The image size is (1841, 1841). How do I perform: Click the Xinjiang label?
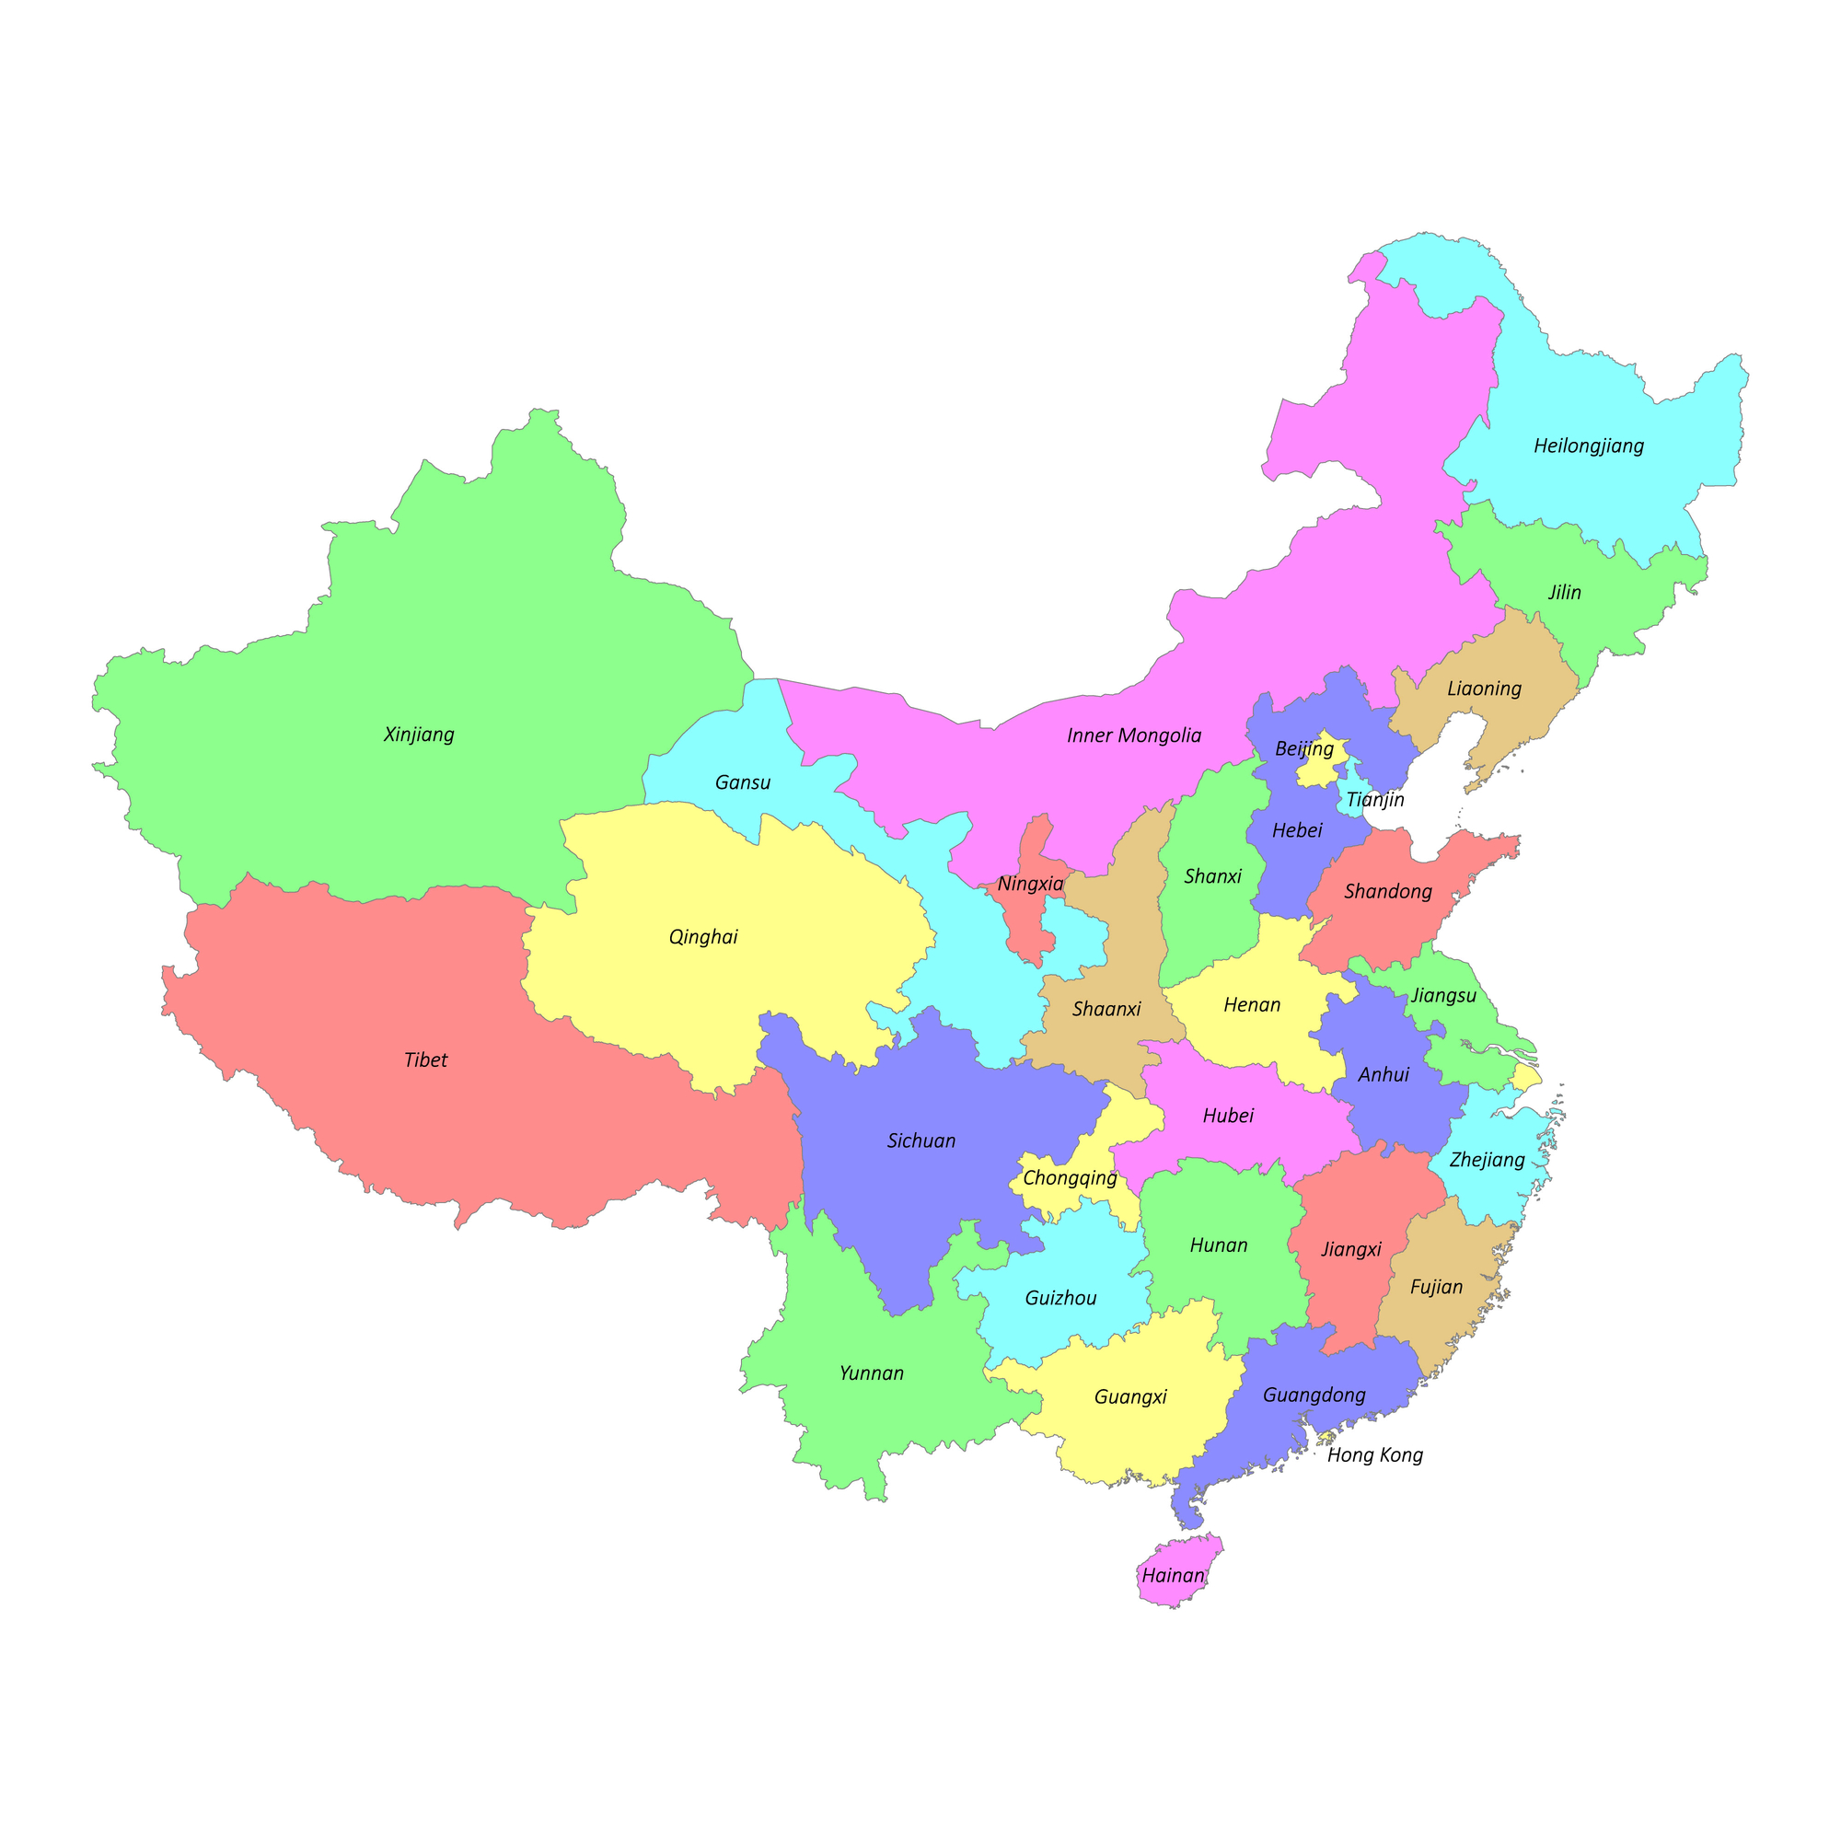[418, 735]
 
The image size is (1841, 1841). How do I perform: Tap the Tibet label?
[425, 1060]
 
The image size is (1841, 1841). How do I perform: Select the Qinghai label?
[703, 937]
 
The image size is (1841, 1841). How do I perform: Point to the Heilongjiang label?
[1589, 446]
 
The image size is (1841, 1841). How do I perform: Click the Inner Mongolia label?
[1134, 735]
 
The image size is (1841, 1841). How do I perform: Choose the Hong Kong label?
[1374, 1455]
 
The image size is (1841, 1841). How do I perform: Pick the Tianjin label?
[1374, 800]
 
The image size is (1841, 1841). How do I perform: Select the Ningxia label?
[1030, 885]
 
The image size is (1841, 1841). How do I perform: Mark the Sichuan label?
[920, 1140]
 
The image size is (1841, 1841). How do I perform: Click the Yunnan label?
[871, 1373]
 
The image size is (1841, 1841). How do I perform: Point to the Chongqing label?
[1069, 1178]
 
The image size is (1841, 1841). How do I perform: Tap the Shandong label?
[1387, 892]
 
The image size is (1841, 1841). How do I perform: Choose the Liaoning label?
[1484, 688]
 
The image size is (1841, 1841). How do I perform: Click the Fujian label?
[1436, 1288]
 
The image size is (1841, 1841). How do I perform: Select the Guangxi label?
[1130, 1397]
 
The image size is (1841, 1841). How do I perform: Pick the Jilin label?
[1565, 593]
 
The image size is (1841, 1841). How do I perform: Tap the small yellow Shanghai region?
[1526, 1078]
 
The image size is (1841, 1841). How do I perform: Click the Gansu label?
[742, 783]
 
